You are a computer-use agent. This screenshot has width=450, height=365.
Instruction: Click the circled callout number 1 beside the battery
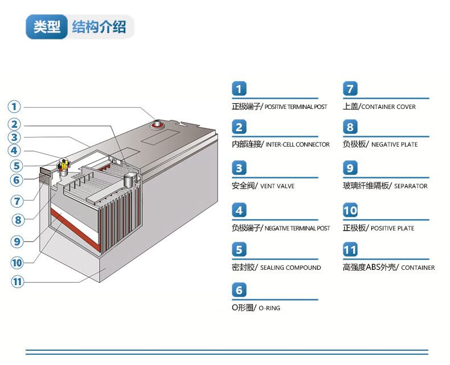[x=14, y=107]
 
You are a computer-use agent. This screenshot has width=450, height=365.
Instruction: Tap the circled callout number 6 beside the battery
[x=17, y=180]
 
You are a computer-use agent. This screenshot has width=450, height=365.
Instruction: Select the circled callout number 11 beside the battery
[x=18, y=281]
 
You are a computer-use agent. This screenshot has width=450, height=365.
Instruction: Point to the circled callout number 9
[x=18, y=241]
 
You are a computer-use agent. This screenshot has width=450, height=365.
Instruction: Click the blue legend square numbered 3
[x=240, y=168]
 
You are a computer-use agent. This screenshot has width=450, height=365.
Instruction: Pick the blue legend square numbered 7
[x=350, y=89]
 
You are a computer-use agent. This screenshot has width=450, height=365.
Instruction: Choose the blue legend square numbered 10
[x=350, y=210]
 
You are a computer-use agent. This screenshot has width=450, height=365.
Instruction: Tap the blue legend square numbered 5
[x=240, y=249]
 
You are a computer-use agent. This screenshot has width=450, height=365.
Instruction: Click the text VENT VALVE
[x=279, y=186]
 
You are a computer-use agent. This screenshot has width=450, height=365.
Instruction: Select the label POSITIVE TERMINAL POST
[x=296, y=107]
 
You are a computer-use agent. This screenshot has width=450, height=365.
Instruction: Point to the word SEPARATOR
[x=411, y=186]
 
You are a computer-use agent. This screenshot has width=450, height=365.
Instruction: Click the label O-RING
[x=269, y=308]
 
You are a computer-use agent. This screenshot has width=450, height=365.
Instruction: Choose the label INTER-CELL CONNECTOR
[x=297, y=145]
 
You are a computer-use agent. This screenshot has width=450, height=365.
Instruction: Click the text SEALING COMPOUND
[x=291, y=267]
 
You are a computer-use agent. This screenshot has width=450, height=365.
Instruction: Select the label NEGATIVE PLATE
[x=394, y=145]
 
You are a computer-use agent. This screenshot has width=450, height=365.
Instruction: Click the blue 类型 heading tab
[x=46, y=27]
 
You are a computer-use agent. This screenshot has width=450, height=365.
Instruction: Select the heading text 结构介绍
[x=99, y=27]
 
